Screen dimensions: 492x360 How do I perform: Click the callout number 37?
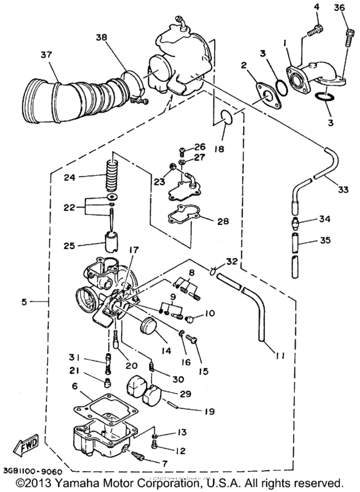[44, 53]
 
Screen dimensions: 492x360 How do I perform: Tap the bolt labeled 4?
[316, 29]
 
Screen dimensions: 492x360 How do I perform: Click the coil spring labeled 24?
[113, 174]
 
